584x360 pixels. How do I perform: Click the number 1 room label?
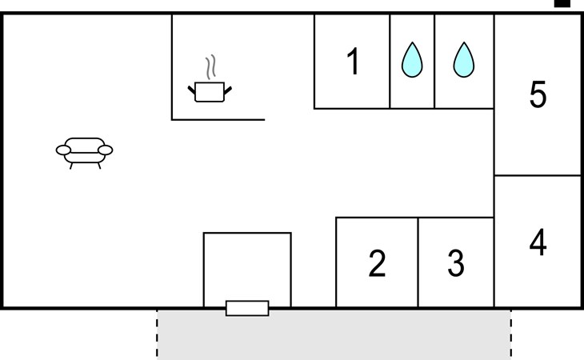coord(353,62)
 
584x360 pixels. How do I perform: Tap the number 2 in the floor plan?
coord(377,263)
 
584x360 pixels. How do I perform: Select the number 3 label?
coord(456,263)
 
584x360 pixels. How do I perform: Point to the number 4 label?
coord(538,242)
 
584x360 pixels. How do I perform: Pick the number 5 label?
coord(538,94)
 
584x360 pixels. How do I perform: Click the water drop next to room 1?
coord(412,59)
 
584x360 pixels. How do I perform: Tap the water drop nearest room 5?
coord(464,59)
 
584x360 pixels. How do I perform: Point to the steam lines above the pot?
coord(211,67)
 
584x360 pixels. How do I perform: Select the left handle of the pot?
coord(191,90)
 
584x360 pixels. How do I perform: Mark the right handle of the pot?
coord(227,90)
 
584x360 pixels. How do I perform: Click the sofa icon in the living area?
coord(85,152)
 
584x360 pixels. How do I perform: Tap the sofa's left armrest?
coord(63,150)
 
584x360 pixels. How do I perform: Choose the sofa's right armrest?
coord(106,150)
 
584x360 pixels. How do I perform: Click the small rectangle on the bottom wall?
coord(247,308)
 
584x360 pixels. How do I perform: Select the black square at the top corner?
coord(562,3)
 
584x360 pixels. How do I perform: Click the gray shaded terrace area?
coord(334,334)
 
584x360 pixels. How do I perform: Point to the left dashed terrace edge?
coord(157,334)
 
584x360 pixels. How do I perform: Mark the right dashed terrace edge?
coord(511,334)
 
